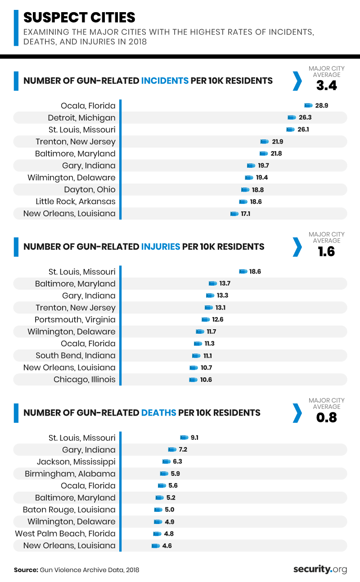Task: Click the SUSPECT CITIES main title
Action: [79, 18]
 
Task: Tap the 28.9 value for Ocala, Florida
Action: [322, 105]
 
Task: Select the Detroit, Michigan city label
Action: [82, 118]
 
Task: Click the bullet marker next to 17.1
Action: [234, 214]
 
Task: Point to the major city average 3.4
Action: [326, 85]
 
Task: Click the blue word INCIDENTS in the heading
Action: [165, 81]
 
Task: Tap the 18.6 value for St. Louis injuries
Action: [255, 272]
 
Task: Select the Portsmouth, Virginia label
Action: [75, 320]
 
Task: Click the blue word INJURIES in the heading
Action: [161, 247]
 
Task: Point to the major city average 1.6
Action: [326, 251]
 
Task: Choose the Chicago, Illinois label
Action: [85, 380]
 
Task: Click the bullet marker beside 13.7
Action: [212, 284]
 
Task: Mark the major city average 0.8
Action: [326, 417]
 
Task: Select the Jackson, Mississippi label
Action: [76, 462]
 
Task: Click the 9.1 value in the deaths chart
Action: [194, 438]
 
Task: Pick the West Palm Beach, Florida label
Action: [65, 534]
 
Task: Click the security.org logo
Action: [320, 569]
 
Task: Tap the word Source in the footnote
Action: [25, 570]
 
